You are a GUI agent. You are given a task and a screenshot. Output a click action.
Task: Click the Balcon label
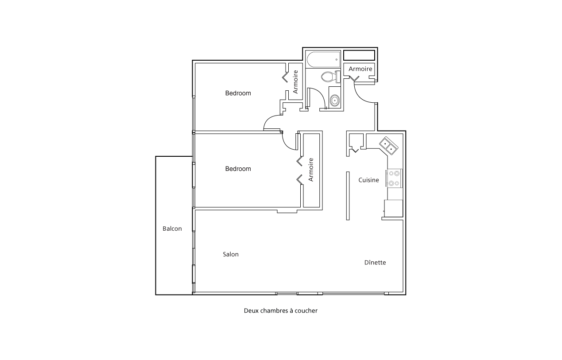(x=172, y=228)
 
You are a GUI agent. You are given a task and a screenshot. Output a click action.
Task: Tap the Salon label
(x=231, y=254)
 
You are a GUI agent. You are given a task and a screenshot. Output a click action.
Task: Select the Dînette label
(x=375, y=263)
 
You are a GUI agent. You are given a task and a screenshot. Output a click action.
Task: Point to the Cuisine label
(x=368, y=180)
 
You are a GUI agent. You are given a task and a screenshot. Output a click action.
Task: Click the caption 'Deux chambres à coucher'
(x=281, y=310)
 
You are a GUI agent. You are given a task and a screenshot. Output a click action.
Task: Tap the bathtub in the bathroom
(x=323, y=59)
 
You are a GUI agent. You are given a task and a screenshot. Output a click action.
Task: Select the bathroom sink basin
(x=335, y=101)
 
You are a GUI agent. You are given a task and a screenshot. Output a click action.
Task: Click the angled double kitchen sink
(x=388, y=146)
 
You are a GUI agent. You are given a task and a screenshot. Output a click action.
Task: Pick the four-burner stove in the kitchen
(x=394, y=178)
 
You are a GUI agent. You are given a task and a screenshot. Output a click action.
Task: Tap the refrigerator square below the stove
(x=393, y=208)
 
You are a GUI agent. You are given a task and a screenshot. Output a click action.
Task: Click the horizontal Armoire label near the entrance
(x=360, y=69)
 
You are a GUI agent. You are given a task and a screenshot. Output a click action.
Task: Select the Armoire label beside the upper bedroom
(x=295, y=82)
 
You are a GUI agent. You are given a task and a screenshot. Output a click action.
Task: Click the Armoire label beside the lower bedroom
(x=311, y=170)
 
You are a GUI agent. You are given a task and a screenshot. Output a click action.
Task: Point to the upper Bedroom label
(x=238, y=93)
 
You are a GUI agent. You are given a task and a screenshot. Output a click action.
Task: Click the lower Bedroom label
(x=238, y=169)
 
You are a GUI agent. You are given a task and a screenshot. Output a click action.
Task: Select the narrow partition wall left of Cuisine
(x=348, y=196)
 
